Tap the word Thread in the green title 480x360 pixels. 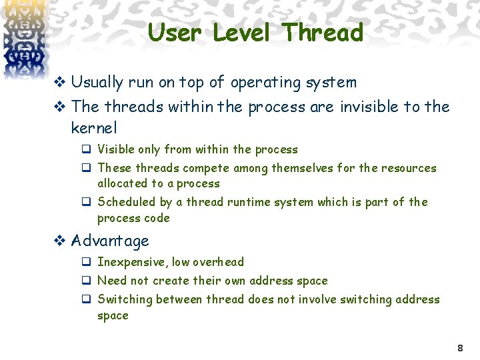point(323,33)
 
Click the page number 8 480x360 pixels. point(460,348)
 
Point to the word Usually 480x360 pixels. point(97,83)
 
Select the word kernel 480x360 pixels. point(94,127)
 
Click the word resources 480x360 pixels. point(408,168)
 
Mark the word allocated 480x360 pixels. point(123,183)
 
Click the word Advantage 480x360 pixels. point(110,241)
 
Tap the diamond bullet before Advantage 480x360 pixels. point(60,241)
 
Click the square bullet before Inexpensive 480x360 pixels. point(86,262)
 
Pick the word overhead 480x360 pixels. point(217,262)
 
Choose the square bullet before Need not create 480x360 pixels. point(86,281)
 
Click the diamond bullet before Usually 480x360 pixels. point(60,83)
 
